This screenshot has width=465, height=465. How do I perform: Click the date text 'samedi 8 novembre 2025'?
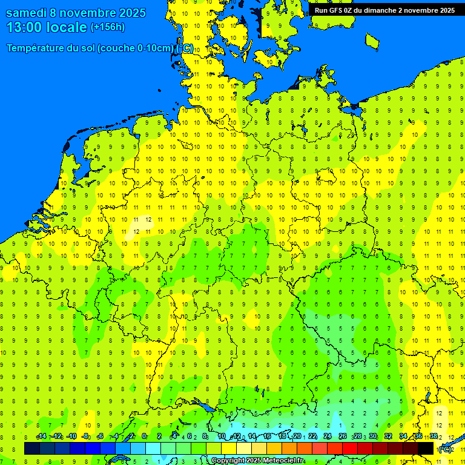(76, 13)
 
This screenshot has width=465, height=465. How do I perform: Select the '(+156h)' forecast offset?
(107, 27)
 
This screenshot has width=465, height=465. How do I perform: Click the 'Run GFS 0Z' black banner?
(384, 10)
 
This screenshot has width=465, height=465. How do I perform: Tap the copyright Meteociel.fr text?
(257, 461)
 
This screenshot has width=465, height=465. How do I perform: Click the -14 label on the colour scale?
(41, 437)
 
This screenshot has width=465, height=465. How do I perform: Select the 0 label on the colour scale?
(144, 437)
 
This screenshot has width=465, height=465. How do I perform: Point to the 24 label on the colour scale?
(328, 437)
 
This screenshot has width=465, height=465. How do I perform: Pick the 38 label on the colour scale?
(433, 437)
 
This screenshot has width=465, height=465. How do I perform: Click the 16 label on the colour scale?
(266, 437)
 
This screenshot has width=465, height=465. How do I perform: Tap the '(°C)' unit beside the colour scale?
(445, 449)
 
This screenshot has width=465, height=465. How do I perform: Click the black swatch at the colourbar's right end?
(426, 449)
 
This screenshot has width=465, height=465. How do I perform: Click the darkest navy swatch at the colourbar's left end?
(32, 449)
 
